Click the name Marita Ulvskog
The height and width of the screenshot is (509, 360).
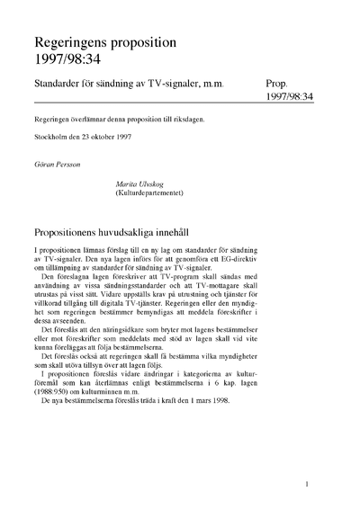click(133, 183)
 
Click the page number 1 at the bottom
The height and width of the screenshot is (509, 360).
click(308, 484)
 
